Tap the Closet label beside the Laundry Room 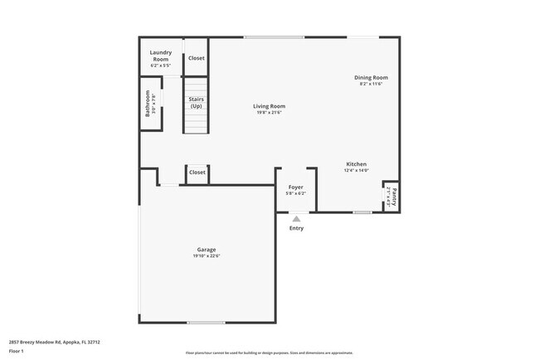(197, 58)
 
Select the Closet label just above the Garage (197, 173)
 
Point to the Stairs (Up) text (197, 103)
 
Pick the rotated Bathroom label (148, 103)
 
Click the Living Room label (269, 106)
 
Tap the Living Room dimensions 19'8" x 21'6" (269, 113)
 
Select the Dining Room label (371, 78)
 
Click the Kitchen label (356, 164)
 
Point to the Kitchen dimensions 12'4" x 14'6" (356, 171)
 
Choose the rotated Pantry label (394, 197)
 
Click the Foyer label (295, 187)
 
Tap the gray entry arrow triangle (296, 218)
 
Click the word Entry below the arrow (296, 228)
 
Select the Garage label (206, 250)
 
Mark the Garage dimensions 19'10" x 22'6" (206, 256)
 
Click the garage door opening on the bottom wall (206, 323)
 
